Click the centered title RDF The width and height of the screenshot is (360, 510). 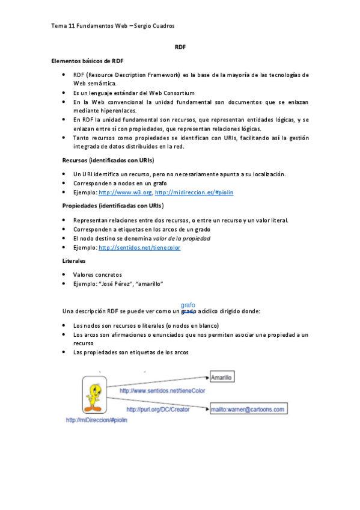[180, 46]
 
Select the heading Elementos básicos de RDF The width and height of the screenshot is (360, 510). [88, 61]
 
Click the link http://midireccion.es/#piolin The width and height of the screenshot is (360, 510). [194, 192]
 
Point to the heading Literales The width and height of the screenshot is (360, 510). [74, 261]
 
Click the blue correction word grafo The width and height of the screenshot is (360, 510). [188, 305]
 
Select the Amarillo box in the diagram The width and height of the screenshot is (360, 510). [222, 377]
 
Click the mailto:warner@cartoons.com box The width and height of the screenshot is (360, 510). [248, 410]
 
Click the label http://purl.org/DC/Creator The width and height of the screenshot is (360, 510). [157, 409]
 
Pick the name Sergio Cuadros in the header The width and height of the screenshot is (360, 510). [154, 26]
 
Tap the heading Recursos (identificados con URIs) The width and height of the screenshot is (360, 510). [108, 161]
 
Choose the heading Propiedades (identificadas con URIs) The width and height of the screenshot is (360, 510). [113, 206]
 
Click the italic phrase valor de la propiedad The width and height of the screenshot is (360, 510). [177, 238]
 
